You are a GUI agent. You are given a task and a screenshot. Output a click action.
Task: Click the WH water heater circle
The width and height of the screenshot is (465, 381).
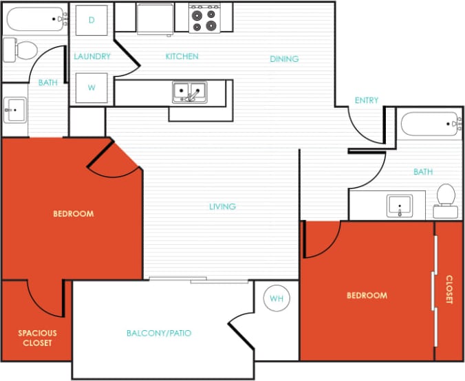277,298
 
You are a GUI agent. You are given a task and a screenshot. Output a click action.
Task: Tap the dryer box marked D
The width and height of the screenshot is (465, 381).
91,20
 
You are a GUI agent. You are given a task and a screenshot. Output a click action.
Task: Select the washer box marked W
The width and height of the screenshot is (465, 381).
91,87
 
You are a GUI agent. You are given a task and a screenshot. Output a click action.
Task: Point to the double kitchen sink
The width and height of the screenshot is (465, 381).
189,92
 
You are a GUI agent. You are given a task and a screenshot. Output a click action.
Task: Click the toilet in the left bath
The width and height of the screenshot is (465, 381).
21,50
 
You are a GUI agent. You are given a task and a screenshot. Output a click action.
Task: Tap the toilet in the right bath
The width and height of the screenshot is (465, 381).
446,195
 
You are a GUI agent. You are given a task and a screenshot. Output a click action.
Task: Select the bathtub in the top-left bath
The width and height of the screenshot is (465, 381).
36,19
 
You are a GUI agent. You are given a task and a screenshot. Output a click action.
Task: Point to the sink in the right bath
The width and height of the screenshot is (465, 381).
400,205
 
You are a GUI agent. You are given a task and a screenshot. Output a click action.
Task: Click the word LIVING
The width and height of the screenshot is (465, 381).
223,206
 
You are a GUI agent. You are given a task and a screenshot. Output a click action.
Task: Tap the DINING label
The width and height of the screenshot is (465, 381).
284,59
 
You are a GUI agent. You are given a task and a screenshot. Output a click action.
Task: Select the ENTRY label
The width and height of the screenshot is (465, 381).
366,100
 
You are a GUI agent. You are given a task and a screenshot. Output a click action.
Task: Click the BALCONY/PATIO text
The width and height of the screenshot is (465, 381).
159,333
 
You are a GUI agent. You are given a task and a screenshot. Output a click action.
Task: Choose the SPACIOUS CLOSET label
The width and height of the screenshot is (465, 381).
37,338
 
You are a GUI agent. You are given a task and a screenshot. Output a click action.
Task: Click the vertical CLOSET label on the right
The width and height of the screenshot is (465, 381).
449,290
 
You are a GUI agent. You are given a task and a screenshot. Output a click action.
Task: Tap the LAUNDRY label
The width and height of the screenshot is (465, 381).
92,56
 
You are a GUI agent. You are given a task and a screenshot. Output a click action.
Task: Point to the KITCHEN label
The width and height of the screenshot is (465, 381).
182,56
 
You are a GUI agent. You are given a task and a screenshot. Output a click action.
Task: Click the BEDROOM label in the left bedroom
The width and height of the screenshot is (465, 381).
74,214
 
